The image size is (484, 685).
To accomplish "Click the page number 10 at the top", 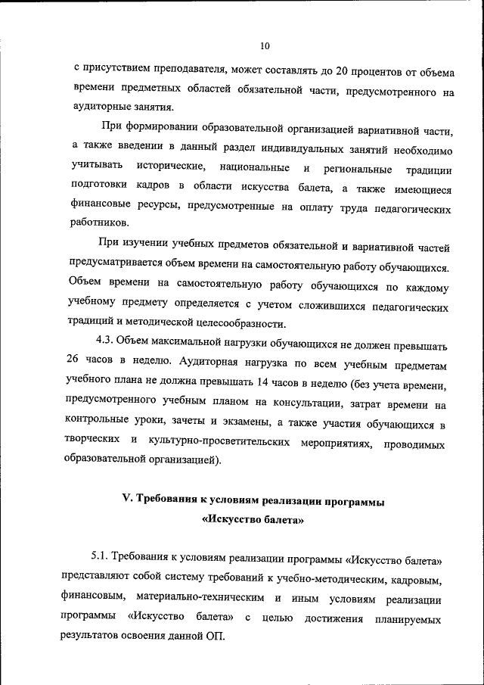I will click(265, 46).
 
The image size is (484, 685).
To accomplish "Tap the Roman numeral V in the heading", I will click(127, 500).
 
